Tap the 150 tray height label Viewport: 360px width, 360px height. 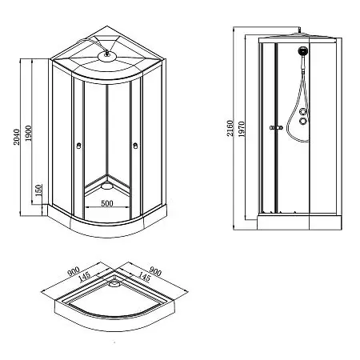point(38,193)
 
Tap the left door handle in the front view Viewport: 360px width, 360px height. point(78,146)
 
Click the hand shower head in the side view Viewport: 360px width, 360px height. point(303,55)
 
